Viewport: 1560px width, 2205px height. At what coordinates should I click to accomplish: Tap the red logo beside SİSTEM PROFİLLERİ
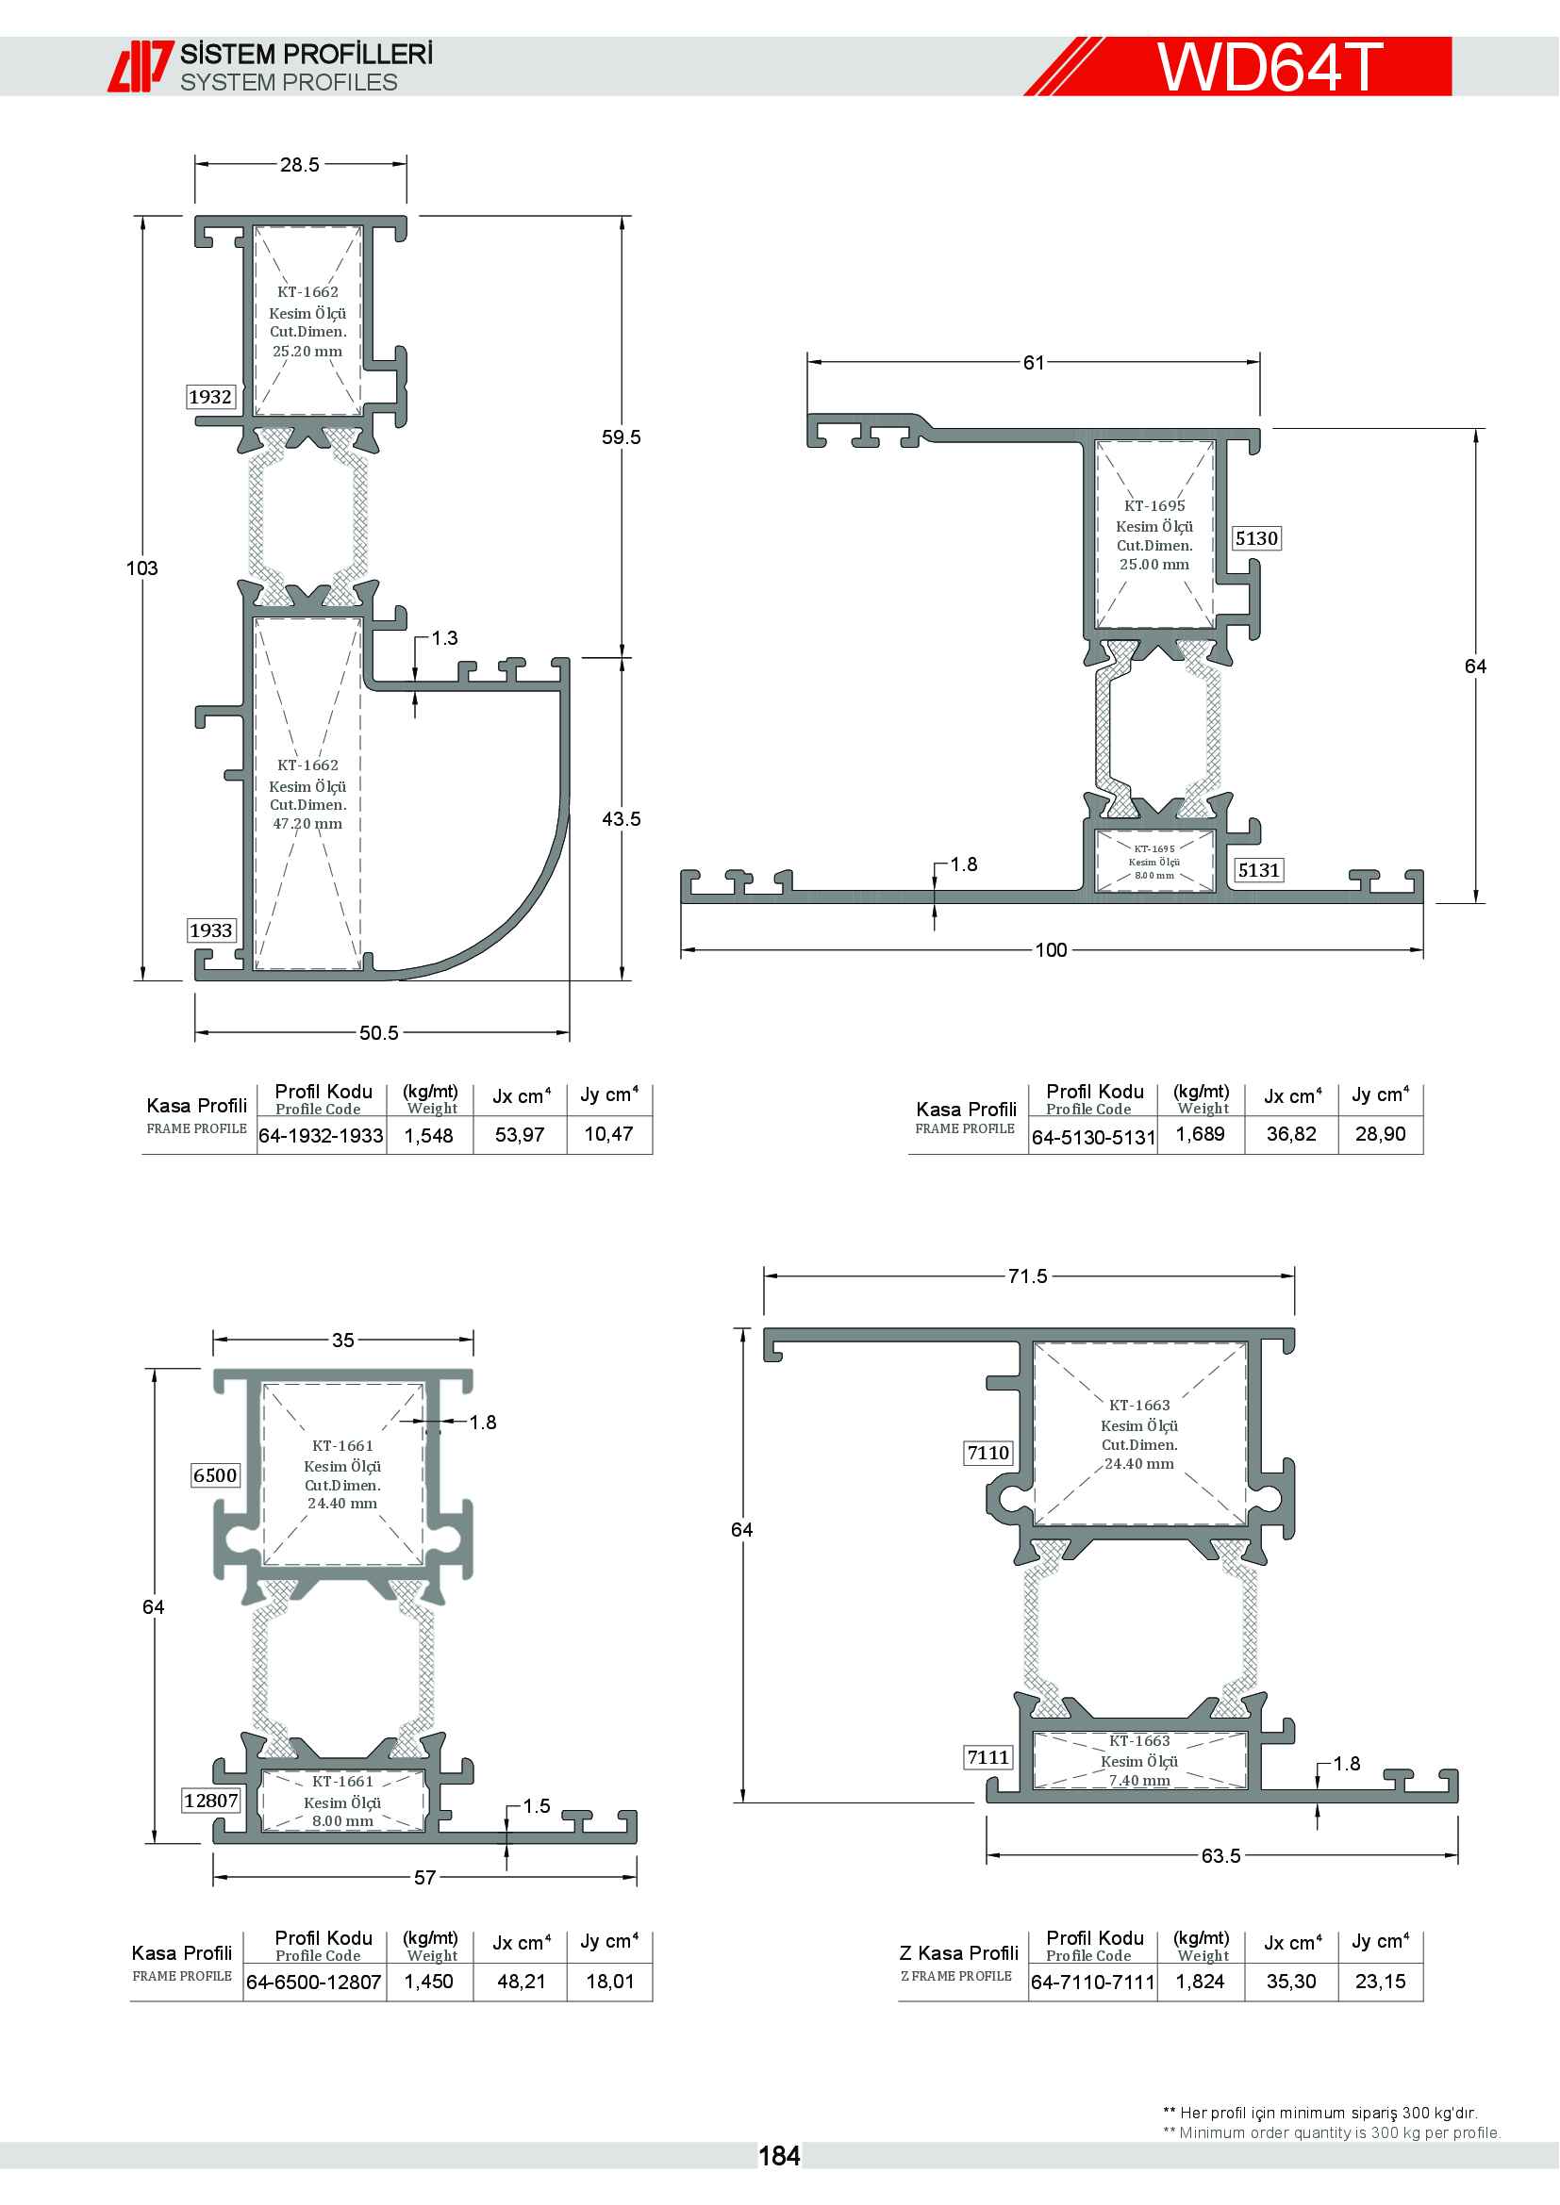coord(140,66)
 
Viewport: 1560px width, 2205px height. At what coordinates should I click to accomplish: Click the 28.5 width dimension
coord(300,165)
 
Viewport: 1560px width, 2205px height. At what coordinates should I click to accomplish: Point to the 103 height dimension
coord(142,568)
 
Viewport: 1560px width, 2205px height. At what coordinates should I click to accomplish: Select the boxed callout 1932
coord(210,397)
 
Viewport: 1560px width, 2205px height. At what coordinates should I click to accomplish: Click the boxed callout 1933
coord(210,930)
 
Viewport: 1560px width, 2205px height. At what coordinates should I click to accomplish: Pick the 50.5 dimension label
coord(378,1033)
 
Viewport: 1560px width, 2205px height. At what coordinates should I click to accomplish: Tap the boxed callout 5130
coord(1256,539)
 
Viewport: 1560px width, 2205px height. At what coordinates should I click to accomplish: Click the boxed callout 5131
coord(1258,871)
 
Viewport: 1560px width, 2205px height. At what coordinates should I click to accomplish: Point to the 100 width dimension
coord(1051,951)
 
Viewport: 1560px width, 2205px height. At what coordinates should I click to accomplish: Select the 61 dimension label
coord(1034,363)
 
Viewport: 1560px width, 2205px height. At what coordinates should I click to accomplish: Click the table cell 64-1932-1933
coord(321,1136)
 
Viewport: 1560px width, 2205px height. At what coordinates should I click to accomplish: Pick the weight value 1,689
coord(1200,1134)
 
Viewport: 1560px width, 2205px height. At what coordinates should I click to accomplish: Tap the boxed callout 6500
coord(215,1476)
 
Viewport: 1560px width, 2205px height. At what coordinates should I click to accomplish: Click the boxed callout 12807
coord(211,1801)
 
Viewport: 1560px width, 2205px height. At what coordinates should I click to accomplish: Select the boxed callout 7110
coord(988,1453)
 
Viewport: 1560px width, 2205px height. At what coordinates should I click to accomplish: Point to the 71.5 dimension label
coord(1028,1276)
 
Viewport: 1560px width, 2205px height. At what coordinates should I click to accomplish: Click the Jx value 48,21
coord(521,1982)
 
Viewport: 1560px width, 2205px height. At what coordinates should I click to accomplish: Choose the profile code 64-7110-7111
coord(1093,1983)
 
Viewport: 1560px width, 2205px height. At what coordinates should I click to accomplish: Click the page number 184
coord(779,2156)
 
